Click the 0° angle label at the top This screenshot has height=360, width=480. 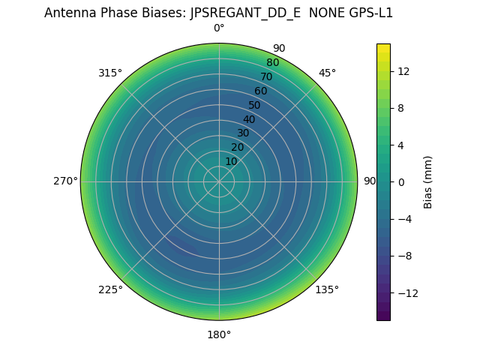click(x=219, y=28)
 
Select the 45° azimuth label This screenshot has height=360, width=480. click(x=327, y=73)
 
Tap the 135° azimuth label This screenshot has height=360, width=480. click(x=327, y=289)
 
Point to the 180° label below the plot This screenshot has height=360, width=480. click(x=219, y=334)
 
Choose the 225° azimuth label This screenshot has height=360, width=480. click(x=110, y=289)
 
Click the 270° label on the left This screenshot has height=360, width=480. click(x=65, y=181)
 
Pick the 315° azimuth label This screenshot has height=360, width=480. click(x=110, y=73)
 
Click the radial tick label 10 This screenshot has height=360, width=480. click(x=231, y=161)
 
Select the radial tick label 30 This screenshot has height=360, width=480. click(x=243, y=133)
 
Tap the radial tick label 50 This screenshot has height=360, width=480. click(x=255, y=105)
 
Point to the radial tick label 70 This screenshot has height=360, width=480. click(x=266, y=76)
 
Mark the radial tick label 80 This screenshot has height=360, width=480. click(x=272, y=63)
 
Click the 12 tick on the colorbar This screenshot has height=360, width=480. click(x=403, y=71)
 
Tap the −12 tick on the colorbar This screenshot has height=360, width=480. click(x=406, y=292)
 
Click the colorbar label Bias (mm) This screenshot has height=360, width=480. click(x=428, y=181)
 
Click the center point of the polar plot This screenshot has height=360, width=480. click(x=219, y=181)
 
